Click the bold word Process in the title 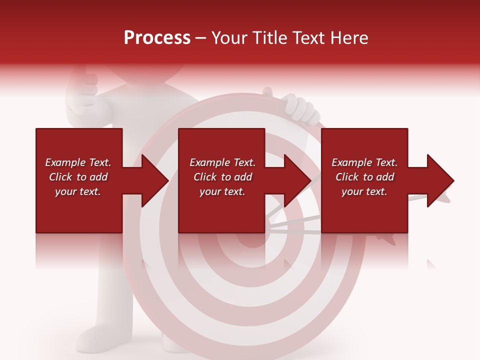click(157, 38)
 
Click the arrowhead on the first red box click(154, 180)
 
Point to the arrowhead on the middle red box click(297, 180)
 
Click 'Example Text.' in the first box click(78, 162)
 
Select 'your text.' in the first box click(78, 191)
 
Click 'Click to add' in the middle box click(222, 177)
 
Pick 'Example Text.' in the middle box click(222, 162)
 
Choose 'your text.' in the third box click(364, 191)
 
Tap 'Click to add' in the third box click(364, 177)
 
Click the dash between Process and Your click(201, 38)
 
